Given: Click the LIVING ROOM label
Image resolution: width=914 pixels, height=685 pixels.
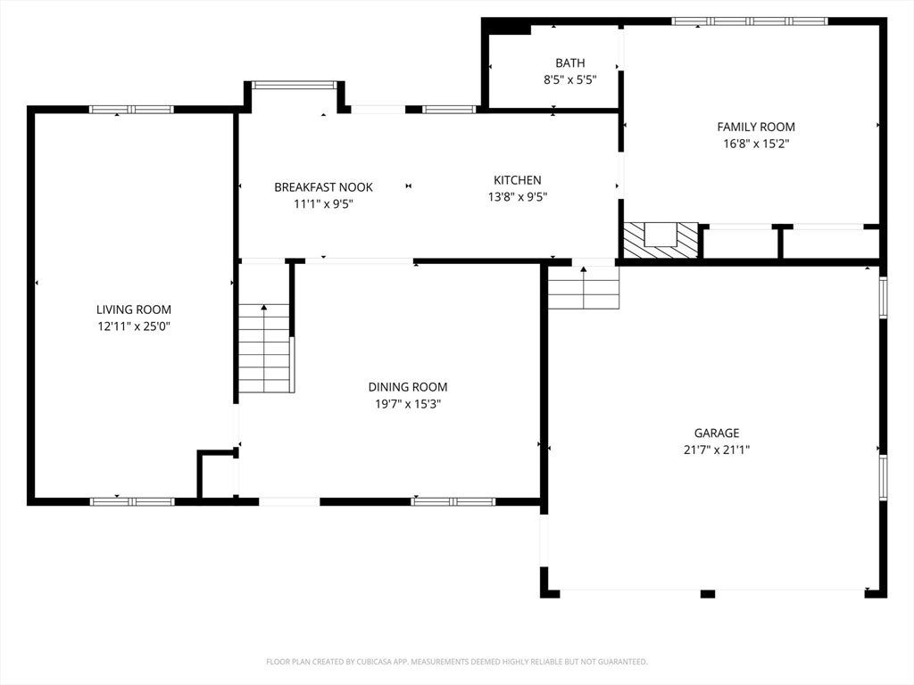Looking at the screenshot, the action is (134, 309).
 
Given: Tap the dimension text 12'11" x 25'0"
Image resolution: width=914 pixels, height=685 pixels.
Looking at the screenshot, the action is (134, 326).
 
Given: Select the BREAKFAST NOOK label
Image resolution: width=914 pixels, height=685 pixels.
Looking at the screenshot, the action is (323, 187).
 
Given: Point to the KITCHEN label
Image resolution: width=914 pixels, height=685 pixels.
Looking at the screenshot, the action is (518, 180).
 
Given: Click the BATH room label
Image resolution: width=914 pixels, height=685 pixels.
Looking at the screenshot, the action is (570, 63).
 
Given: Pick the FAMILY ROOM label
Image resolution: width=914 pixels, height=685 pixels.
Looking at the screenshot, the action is (756, 127).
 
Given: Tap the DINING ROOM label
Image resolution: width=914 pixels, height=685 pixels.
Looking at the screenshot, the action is (408, 387).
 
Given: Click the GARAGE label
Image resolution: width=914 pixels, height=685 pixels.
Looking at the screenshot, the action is (717, 433).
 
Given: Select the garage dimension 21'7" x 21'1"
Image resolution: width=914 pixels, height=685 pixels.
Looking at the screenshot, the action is (717, 450).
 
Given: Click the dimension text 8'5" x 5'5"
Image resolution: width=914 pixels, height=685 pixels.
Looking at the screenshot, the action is (570, 79).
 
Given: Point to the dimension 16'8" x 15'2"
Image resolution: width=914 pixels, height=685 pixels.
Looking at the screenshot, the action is (756, 144).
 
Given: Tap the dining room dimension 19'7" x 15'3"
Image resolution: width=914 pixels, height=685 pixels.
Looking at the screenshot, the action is (408, 404).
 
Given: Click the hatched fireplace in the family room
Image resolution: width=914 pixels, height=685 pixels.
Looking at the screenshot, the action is (661, 240).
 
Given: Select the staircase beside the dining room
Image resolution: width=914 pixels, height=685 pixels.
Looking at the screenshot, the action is (265, 349).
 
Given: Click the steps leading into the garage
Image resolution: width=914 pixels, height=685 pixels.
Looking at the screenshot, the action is (584, 288).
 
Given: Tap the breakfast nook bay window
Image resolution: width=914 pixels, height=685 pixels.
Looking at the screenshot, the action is (295, 85).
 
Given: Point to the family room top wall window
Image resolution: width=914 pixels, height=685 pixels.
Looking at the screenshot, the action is (750, 21).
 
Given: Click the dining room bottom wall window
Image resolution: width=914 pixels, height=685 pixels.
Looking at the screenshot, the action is (453, 501).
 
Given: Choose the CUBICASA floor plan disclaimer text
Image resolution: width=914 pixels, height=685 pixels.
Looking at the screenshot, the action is (457, 662).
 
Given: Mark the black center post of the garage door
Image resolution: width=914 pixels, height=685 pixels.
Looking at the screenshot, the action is (708, 593).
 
